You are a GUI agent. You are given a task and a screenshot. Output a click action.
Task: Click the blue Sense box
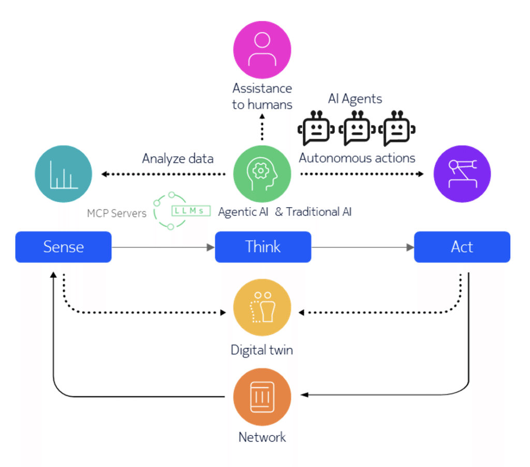click(x=63, y=246)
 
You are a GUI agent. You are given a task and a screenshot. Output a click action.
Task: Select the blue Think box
click(x=262, y=246)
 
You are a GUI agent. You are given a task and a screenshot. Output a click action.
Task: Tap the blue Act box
click(x=462, y=246)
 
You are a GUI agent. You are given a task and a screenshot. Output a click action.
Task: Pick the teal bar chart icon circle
click(x=63, y=173)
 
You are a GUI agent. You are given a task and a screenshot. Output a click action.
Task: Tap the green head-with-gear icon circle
click(x=262, y=173)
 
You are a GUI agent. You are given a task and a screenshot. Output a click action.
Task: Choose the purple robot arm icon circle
click(x=462, y=173)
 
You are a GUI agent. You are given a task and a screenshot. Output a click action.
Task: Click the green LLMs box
click(x=190, y=211)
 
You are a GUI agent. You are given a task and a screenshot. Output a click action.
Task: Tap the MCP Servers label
click(x=116, y=213)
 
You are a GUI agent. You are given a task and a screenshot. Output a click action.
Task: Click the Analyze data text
click(x=178, y=158)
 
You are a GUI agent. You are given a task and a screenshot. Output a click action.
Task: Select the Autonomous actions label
click(x=357, y=158)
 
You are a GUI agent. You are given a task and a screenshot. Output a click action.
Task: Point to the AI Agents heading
click(x=355, y=98)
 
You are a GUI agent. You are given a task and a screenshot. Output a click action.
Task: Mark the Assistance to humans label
click(x=262, y=96)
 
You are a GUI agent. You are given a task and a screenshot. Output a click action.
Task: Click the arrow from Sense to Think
click(x=163, y=247)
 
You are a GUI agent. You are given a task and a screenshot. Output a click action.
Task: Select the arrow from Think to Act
click(x=362, y=247)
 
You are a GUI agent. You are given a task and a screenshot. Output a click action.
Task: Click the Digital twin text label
click(x=262, y=350)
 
